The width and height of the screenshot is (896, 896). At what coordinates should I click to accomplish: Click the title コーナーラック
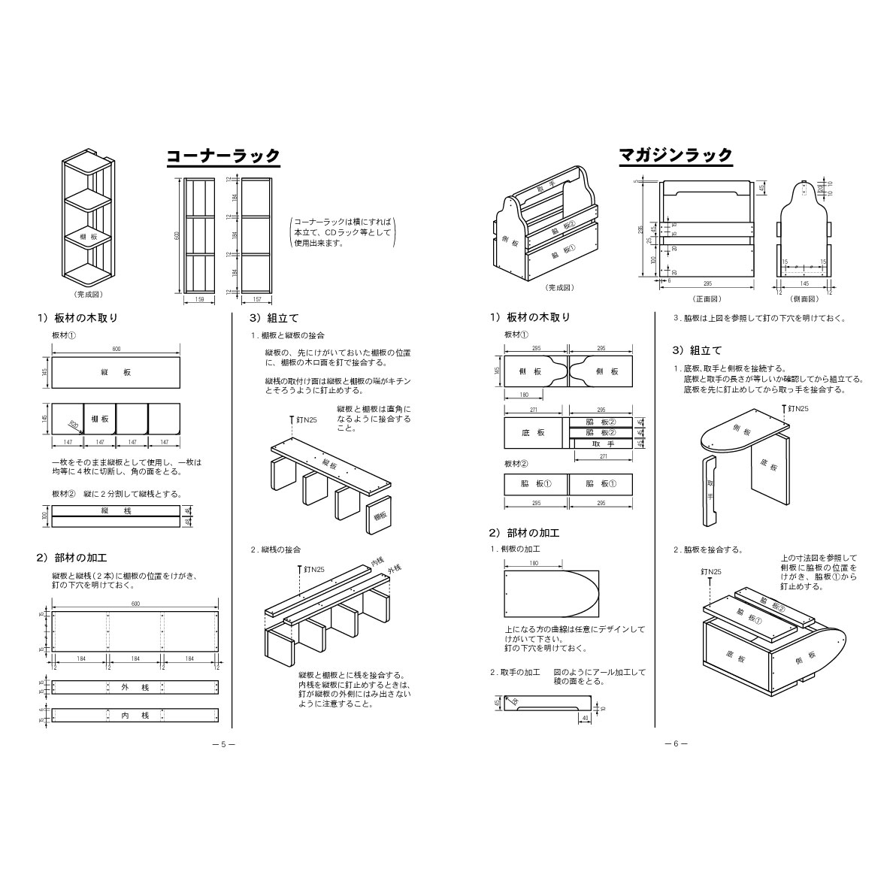pyautogui.click(x=222, y=156)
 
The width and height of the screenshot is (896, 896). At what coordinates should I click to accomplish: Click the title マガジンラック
pyautogui.click(x=675, y=156)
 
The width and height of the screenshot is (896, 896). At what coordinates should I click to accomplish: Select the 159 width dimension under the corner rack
pyautogui.click(x=199, y=300)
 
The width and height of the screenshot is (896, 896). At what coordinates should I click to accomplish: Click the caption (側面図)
pyautogui.click(x=806, y=298)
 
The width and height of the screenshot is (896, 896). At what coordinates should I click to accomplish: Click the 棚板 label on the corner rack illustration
pyautogui.click(x=89, y=237)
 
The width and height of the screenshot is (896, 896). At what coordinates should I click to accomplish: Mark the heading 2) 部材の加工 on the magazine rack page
pyautogui.click(x=524, y=533)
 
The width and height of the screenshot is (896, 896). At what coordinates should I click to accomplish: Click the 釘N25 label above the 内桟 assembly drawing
pyautogui.click(x=313, y=570)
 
